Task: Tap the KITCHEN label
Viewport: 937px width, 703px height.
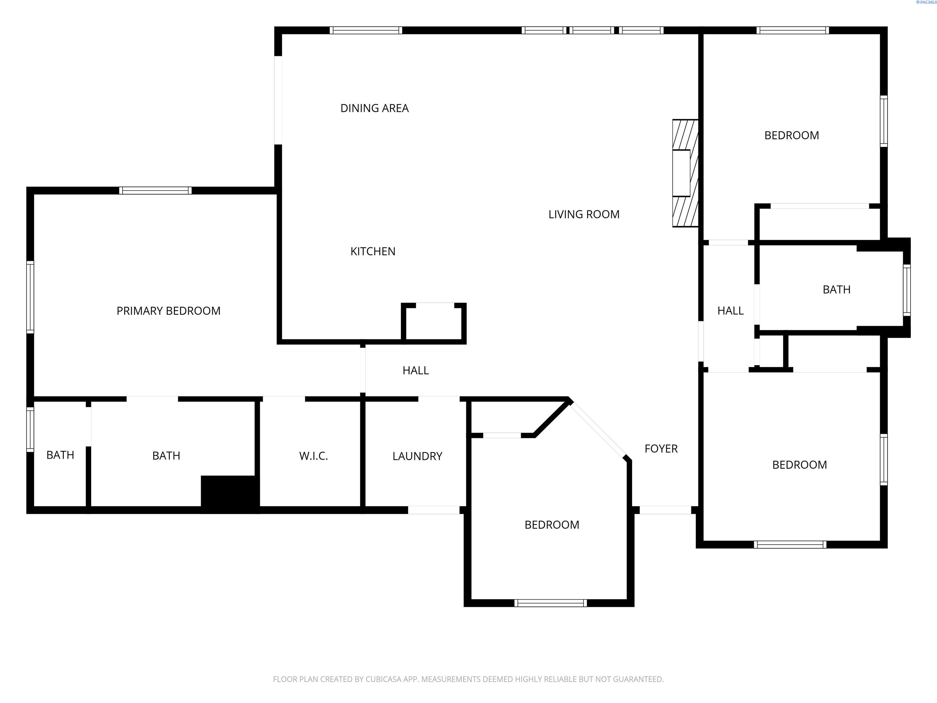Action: point(373,252)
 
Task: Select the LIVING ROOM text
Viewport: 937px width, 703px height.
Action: point(584,215)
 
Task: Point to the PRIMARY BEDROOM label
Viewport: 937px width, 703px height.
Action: point(169,311)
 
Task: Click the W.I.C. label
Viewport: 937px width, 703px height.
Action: point(314,456)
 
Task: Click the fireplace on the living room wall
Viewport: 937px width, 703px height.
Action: point(685,173)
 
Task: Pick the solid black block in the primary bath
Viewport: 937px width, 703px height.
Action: point(230,494)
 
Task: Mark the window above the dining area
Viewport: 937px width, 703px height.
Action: point(366,30)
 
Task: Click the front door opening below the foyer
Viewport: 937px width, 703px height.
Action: point(665,510)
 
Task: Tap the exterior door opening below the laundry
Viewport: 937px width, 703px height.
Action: point(434,510)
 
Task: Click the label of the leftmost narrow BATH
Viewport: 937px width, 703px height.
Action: point(60,455)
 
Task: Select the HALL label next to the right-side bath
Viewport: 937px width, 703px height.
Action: point(730,311)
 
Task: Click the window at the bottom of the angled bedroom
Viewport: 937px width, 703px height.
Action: point(551,603)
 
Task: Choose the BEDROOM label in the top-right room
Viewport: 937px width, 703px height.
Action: point(791,135)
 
